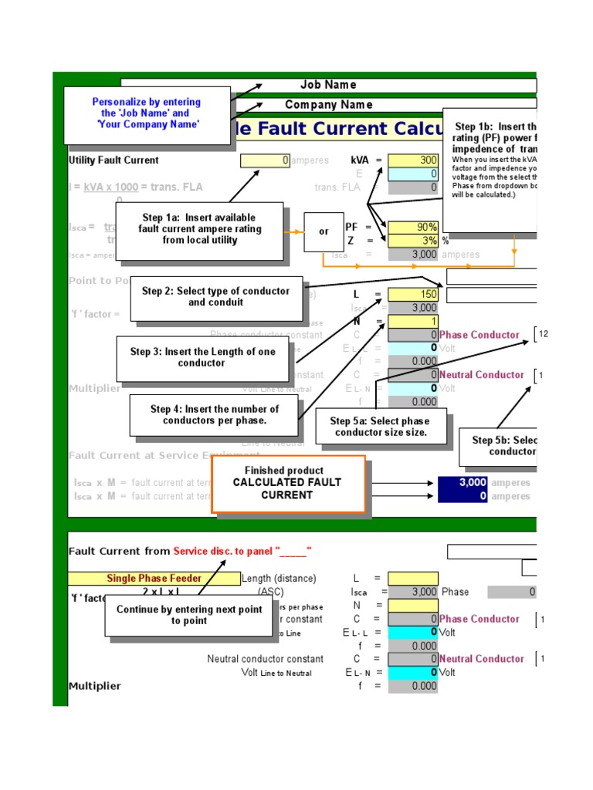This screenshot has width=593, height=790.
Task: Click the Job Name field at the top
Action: (x=328, y=85)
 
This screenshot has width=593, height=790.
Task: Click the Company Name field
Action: (x=328, y=105)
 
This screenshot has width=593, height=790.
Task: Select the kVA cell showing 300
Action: (x=413, y=160)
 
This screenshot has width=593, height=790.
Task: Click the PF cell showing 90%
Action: (x=413, y=228)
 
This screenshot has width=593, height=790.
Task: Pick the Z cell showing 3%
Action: (x=413, y=241)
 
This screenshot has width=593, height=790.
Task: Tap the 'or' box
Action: (x=324, y=231)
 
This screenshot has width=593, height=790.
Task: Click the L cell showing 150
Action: (x=413, y=294)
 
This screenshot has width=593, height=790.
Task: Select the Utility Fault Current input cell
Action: (x=266, y=160)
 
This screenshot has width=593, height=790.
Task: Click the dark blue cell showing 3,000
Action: (x=463, y=483)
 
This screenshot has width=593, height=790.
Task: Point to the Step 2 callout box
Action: (x=215, y=297)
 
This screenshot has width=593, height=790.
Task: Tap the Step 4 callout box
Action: (x=214, y=415)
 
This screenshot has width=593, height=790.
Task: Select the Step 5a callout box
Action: (x=379, y=427)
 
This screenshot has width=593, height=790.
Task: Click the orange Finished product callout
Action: (x=287, y=483)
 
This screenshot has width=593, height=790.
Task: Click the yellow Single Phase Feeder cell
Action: (x=154, y=579)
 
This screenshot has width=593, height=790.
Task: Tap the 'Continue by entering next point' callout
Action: (x=189, y=615)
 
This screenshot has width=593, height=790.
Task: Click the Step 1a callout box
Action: (x=199, y=229)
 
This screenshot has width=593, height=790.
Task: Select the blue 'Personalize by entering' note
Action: (x=147, y=113)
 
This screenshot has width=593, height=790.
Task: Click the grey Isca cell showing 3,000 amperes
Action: (x=413, y=255)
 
